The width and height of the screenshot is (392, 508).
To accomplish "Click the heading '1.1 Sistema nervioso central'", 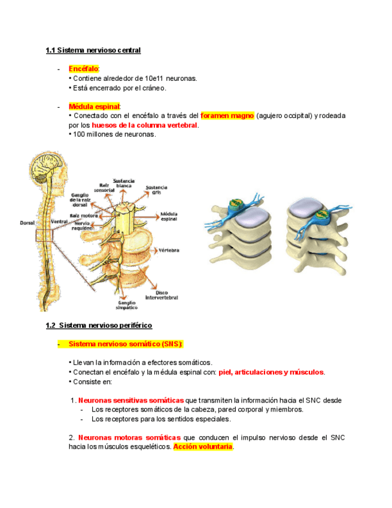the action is click(x=93, y=50).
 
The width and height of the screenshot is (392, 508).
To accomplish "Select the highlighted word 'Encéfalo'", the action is click(x=84, y=69).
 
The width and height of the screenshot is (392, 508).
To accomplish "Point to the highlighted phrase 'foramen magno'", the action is click(x=227, y=115).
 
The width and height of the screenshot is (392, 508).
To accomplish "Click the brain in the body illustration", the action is click(x=48, y=165).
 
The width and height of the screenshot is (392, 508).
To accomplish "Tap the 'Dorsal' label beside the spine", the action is click(x=27, y=222).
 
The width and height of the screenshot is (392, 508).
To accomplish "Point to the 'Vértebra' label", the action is click(x=169, y=250).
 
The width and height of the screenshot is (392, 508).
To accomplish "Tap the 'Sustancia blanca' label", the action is click(x=124, y=183).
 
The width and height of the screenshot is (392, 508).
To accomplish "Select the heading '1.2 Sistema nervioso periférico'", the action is click(x=99, y=325).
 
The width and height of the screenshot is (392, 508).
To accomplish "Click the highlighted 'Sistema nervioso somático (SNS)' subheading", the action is click(x=126, y=344).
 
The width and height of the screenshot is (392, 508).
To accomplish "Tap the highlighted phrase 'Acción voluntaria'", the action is click(x=203, y=447).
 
